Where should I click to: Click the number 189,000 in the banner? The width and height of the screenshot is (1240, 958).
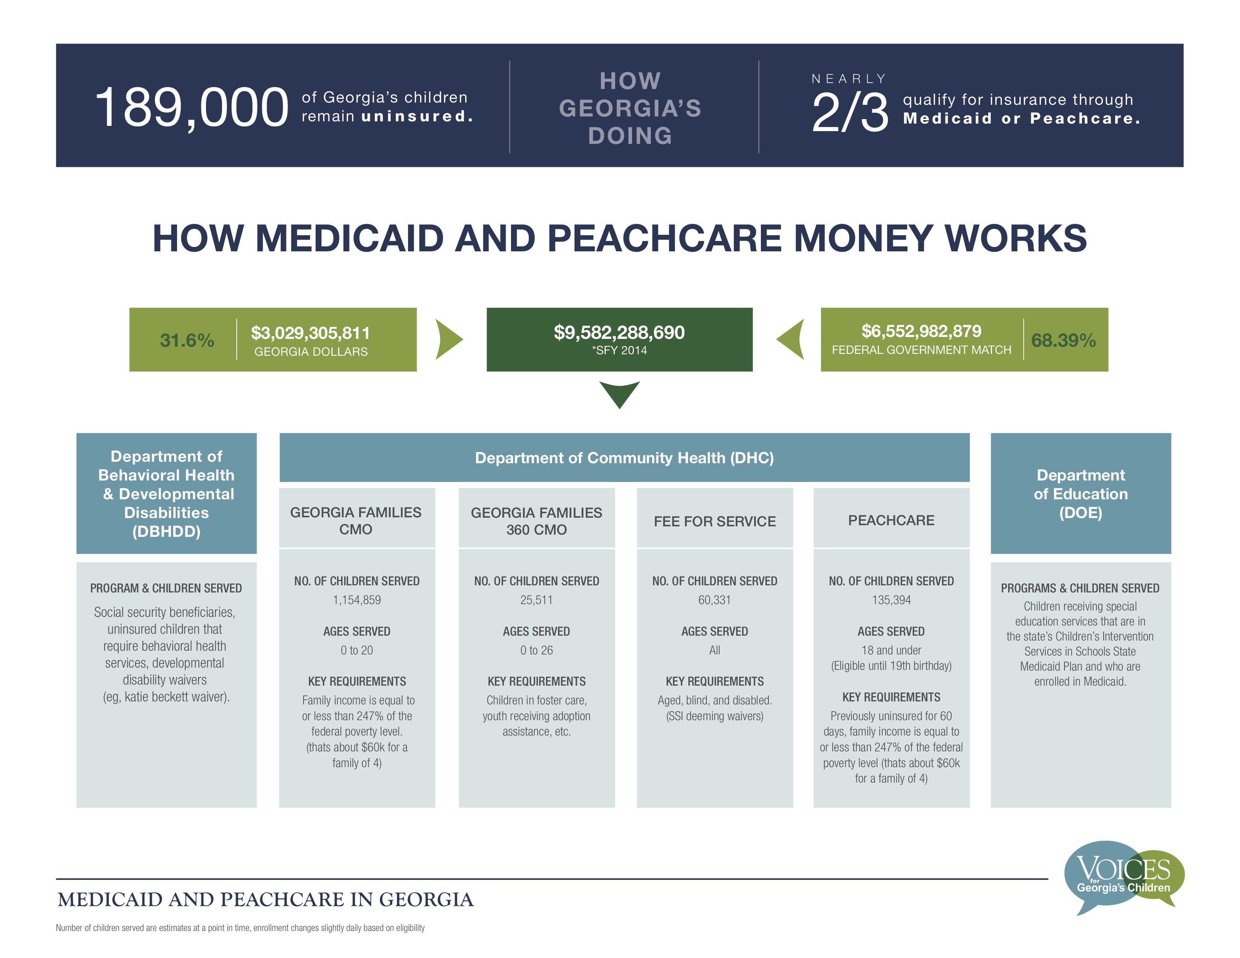(x=192, y=108)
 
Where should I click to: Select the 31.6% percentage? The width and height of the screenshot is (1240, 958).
(x=187, y=340)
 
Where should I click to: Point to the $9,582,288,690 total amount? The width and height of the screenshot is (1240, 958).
(x=619, y=332)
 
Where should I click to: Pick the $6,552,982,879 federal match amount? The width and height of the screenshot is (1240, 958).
(x=921, y=331)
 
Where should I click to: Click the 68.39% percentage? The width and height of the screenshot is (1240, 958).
(x=1063, y=340)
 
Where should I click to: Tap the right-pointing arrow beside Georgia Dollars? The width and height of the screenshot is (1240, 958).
(x=449, y=339)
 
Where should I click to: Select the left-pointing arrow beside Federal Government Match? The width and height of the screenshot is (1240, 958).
(x=790, y=339)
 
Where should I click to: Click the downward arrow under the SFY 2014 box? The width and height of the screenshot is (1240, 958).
(x=619, y=394)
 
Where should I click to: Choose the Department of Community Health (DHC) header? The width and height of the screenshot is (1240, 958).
(x=624, y=458)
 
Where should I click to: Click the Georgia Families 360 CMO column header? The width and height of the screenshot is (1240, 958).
(x=537, y=521)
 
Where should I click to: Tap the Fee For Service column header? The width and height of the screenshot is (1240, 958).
(x=715, y=521)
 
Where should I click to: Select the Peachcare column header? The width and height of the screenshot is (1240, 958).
(x=891, y=520)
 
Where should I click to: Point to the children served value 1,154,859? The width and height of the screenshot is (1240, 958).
(x=357, y=600)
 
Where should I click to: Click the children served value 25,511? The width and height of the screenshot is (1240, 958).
(x=537, y=600)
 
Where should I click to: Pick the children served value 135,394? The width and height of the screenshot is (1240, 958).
(x=891, y=600)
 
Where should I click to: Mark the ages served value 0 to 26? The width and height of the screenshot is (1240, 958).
(x=537, y=650)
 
